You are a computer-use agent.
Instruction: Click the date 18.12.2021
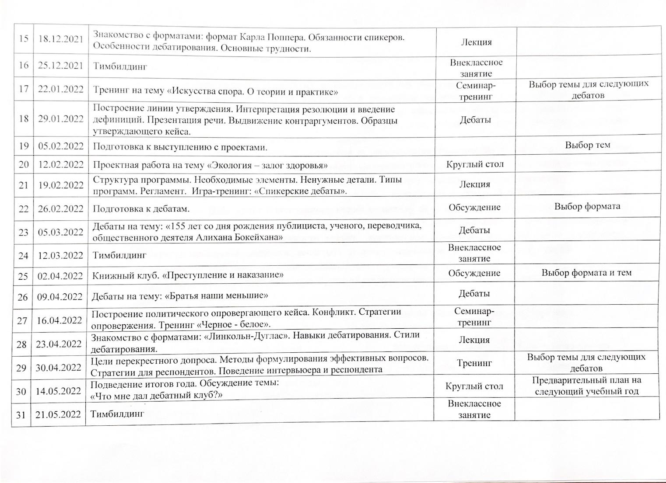tap(60, 39)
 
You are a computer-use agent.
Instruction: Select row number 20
tap(23, 164)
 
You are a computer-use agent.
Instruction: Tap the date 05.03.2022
tap(60, 232)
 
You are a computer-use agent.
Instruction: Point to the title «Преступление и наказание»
tap(223, 275)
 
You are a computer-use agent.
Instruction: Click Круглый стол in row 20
tap(475, 164)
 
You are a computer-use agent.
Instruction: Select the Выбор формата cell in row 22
tap(587, 206)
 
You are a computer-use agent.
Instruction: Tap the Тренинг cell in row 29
tap(474, 363)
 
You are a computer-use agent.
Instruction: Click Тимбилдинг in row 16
tap(120, 66)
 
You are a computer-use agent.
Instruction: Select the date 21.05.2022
tap(58, 414)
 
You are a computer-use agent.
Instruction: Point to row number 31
tap(21, 414)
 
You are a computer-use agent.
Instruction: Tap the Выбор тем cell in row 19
tap(587, 145)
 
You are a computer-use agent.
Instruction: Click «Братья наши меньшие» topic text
tap(216, 295)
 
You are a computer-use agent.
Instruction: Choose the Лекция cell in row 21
tap(475, 184)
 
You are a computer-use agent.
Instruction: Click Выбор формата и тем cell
tap(586, 273)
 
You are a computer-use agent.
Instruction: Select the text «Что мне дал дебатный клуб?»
tap(156, 395)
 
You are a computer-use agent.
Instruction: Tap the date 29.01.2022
tap(60, 118)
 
